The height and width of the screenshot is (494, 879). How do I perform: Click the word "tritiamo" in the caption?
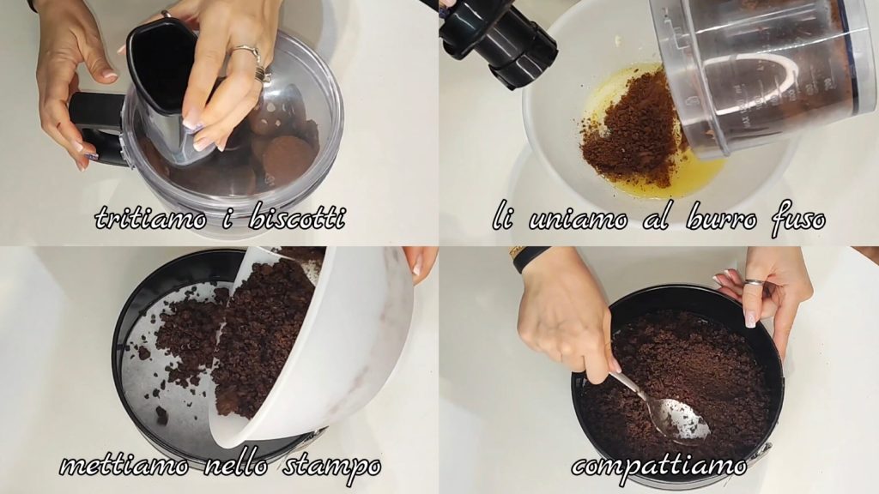tap(151, 218)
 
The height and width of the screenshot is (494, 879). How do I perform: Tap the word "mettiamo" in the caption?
tap(124, 466)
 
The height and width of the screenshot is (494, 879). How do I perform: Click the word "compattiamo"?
tap(659, 466)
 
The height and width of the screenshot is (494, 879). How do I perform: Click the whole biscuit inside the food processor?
tap(287, 160)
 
